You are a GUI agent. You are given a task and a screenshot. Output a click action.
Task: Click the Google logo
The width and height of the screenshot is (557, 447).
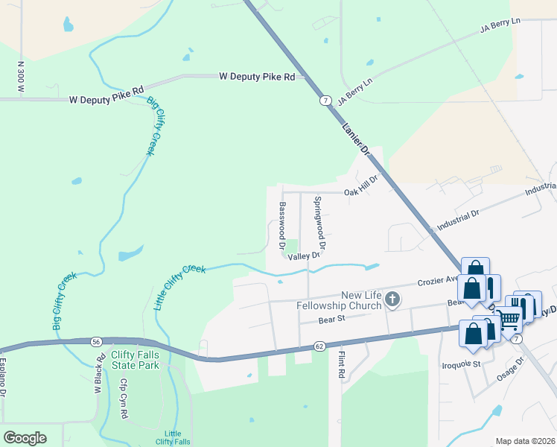[25, 438]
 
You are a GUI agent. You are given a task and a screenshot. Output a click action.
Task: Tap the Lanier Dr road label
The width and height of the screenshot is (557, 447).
[356, 137]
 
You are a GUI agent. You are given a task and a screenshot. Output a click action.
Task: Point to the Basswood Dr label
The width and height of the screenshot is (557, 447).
[282, 225]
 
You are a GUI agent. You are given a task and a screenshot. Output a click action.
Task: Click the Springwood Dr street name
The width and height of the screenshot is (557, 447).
[319, 222]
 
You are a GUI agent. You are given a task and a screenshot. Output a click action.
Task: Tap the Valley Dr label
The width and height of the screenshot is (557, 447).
[304, 256]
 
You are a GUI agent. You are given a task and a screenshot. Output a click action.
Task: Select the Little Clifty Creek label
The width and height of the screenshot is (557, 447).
[179, 287]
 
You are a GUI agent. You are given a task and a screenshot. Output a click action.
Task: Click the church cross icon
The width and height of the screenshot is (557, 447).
[392, 300]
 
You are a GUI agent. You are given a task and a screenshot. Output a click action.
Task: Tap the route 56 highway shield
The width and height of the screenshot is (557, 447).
[96, 341]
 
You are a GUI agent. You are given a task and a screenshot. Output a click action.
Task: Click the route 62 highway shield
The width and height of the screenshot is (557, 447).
[319, 346]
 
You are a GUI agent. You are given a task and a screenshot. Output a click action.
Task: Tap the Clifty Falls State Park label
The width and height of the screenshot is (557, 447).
[135, 361]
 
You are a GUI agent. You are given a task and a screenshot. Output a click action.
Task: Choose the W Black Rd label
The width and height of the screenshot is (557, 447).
[98, 381]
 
